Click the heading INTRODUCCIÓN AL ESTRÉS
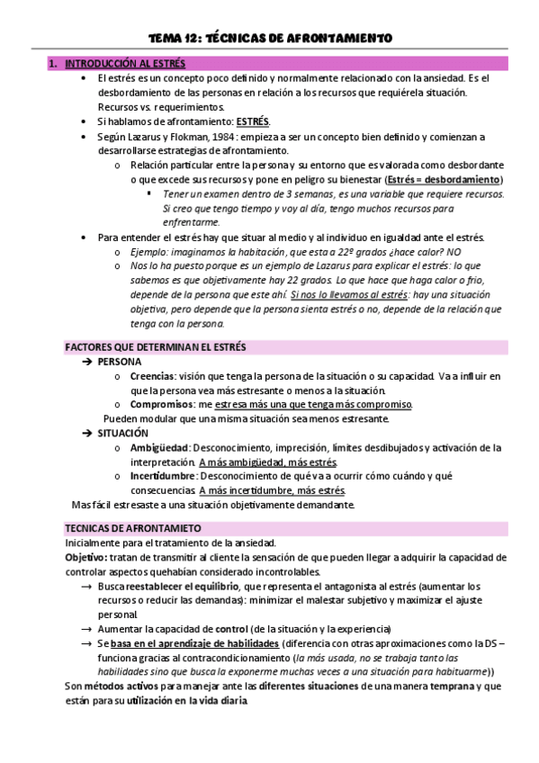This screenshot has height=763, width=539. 125,64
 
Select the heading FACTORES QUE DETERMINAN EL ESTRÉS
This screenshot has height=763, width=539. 156,346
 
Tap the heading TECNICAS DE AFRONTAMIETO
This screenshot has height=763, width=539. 133,528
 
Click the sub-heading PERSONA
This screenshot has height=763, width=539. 120,361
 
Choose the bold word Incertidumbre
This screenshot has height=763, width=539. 164,476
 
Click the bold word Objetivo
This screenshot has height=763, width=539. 85,557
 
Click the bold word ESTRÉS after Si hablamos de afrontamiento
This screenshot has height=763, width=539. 253,121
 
